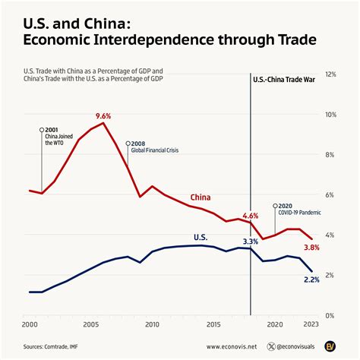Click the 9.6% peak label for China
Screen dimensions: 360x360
[103, 116]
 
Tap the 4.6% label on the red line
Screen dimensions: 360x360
[250, 216]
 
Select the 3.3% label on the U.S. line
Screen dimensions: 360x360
[250, 242]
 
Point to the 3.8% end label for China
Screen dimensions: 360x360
[311, 248]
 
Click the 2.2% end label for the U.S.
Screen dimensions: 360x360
[311, 280]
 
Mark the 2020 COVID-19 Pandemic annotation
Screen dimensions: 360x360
[301, 208]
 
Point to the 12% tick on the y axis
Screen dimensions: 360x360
[330, 74]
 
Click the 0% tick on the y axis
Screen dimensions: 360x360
[330, 314]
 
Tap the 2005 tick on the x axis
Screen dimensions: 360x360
[90, 324]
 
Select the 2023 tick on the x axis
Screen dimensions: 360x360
[310, 324]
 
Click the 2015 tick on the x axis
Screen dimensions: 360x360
[213, 324]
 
